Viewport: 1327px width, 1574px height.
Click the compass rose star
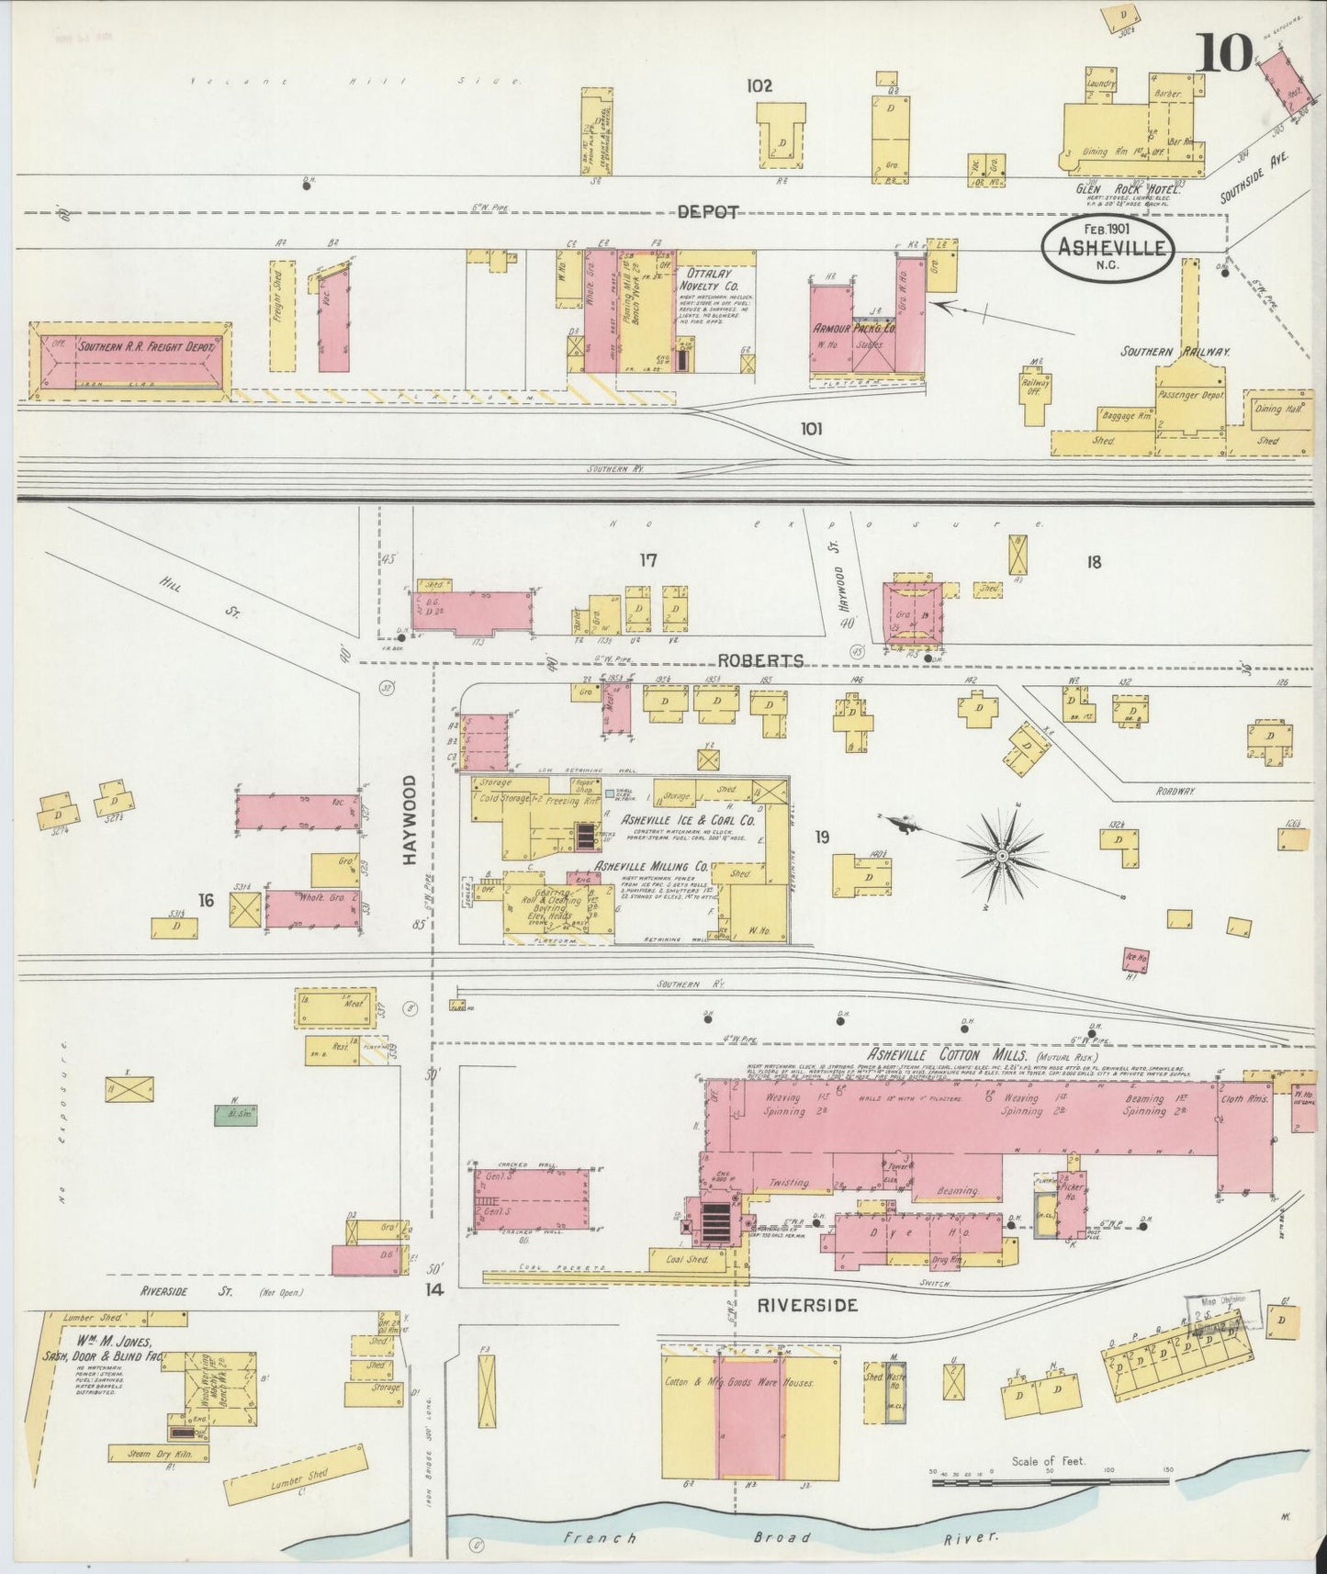[1003, 856]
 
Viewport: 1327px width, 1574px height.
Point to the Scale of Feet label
[1048, 1461]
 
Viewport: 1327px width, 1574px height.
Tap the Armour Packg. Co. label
[853, 327]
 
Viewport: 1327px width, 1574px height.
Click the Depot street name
[709, 212]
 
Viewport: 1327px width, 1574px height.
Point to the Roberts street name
[760, 660]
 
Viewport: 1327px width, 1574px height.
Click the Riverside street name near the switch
[808, 1304]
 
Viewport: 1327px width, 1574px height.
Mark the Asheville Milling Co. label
[650, 865]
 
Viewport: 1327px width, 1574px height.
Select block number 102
[759, 86]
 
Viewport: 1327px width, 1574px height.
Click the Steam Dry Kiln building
[158, 1452]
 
